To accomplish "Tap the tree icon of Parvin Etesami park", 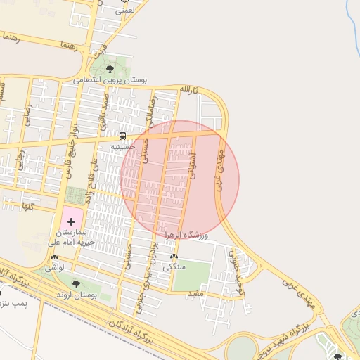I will [x=110, y=68].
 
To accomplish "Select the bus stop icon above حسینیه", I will [x=122, y=136].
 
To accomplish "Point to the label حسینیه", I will [x=122, y=146].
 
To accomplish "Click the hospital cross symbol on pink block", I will [x=72, y=221].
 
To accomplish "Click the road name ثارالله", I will [x=189, y=91].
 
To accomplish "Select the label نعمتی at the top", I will [x=124, y=10].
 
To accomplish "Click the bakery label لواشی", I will [x=55, y=268].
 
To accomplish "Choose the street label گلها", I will [x=28, y=206].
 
